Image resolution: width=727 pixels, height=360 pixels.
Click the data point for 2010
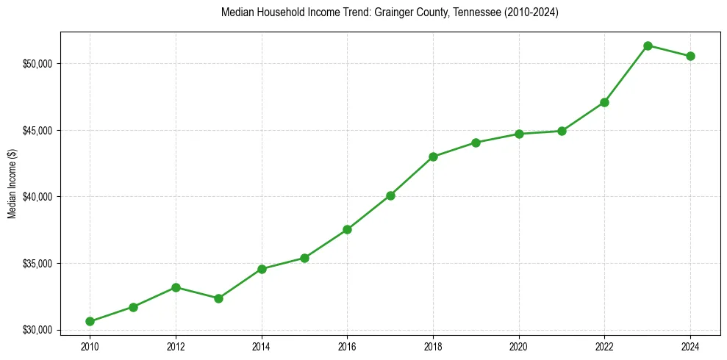click(x=90, y=321)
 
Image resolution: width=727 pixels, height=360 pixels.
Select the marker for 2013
click(x=218, y=298)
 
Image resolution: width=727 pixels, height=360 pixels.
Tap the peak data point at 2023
click(x=648, y=46)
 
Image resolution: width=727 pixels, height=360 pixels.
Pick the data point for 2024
click(x=690, y=56)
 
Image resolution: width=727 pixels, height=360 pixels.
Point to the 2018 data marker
click(x=433, y=156)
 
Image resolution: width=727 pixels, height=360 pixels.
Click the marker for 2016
click(x=347, y=229)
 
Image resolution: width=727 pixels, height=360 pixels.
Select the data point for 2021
click(x=562, y=131)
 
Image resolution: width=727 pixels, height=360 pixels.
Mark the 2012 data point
click(x=176, y=287)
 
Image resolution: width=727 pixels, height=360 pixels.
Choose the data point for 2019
click(x=476, y=143)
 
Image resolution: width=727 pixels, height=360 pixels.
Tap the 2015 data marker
click(x=304, y=258)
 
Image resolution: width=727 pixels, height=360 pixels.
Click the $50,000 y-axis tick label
click(x=37, y=64)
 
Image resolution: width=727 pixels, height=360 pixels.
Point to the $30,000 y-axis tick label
click(x=37, y=330)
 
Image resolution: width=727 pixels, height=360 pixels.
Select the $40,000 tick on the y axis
click(x=37, y=197)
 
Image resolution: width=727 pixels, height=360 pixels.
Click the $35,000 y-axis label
click(x=37, y=264)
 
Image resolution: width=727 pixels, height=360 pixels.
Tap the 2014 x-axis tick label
click(x=261, y=347)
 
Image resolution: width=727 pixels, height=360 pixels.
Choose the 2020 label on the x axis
click(x=519, y=347)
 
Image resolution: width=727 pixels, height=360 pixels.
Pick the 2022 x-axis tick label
click(x=604, y=347)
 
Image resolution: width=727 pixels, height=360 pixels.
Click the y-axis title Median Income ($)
click(x=12, y=183)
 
